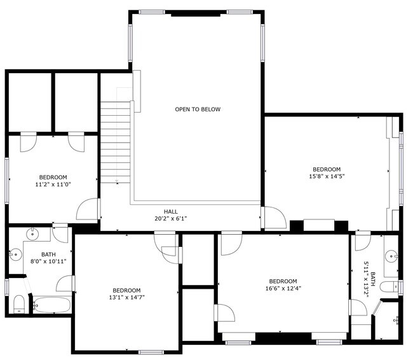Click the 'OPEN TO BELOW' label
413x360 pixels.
(198, 109)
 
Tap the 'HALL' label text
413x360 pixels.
(170, 212)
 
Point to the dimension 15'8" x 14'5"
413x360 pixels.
(327, 176)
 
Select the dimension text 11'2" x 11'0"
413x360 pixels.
(53, 184)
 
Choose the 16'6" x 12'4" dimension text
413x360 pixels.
(283, 289)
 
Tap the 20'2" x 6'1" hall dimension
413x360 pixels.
(170, 219)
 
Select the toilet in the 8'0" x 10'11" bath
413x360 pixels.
(18, 304)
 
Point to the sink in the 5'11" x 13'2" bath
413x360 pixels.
(391, 257)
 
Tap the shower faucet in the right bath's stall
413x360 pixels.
(396, 319)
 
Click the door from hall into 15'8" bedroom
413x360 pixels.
(275, 218)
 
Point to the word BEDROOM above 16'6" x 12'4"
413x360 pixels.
(283, 281)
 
